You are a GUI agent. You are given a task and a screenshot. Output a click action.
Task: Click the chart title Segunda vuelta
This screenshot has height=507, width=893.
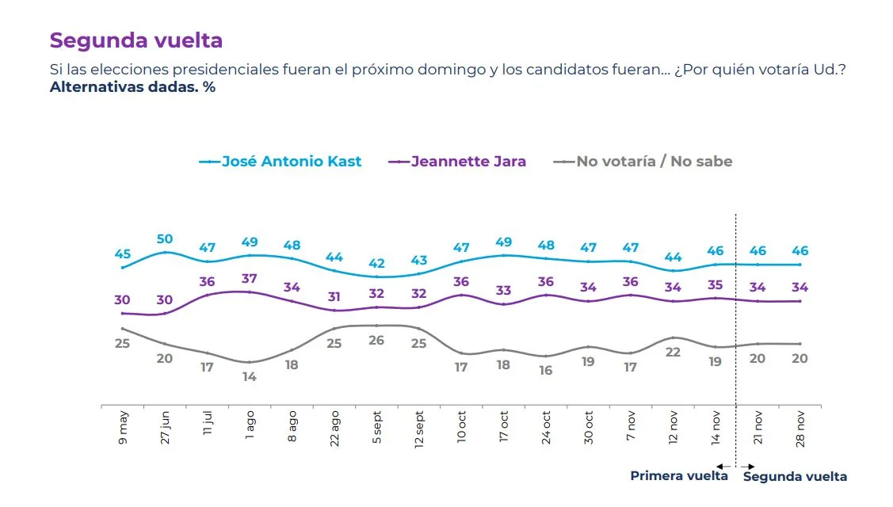pyautogui.click(x=136, y=40)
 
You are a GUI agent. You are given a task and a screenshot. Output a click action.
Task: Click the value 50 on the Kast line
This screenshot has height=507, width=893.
pyautogui.click(x=165, y=239)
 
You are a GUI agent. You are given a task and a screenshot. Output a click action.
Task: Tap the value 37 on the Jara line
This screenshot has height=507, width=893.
pyautogui.click(x=250, y=279)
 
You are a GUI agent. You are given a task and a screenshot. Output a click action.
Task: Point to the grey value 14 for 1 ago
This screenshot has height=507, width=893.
pyautogui.click(x=250, y=377)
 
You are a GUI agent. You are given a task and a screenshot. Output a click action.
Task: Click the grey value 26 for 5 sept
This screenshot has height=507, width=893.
pyautogui.click(x=376, y=341)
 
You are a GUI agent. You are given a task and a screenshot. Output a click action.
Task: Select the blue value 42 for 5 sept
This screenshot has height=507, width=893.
pyautogui.click(x=376, y=264)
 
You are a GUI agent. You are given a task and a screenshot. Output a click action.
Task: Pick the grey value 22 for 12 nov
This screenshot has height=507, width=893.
pyautogui.click(x=673, y=353)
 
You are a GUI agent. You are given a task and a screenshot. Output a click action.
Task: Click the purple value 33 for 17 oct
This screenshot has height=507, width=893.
pyautogui.click(x=504, y=291)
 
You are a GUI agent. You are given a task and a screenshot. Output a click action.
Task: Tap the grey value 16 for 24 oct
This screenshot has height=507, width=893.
pyautogui.click(x=546, y=371)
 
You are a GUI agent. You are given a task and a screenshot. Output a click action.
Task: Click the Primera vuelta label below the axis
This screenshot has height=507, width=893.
pyautogui.click(x=678, y=476)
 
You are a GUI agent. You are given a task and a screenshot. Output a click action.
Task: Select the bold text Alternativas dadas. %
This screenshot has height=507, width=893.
pyautogui.click(x=132, y=87)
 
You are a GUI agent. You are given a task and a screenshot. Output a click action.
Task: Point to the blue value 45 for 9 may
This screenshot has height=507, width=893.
pyautogui.click(x=123, y=254)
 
